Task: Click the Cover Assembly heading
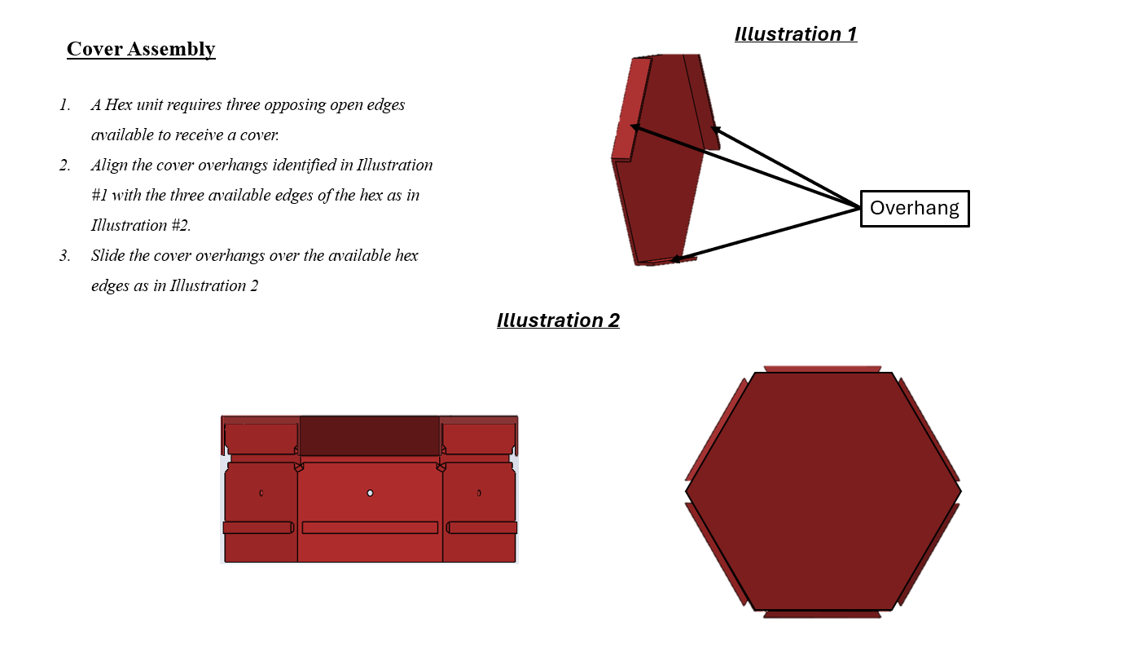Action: (141, 50)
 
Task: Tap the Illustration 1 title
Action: (796, 34)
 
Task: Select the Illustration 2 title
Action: (558, 320)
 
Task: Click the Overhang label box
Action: (915, 209)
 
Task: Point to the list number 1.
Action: (64, 105)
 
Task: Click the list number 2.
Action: (64, 166)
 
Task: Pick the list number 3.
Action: (64, 256)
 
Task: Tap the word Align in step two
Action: (108, 166)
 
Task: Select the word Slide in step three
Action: (108, 256)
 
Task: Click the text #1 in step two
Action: (99, 195)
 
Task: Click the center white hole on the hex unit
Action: (370, 493)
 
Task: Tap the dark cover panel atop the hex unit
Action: (370, 435)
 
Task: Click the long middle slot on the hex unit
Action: (370, 528)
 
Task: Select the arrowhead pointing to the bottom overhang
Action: (676, 259)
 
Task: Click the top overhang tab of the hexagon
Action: (822, 369)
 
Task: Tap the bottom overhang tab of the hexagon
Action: (822, 614)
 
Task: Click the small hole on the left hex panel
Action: (261, 493)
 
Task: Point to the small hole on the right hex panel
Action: (479, 493)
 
